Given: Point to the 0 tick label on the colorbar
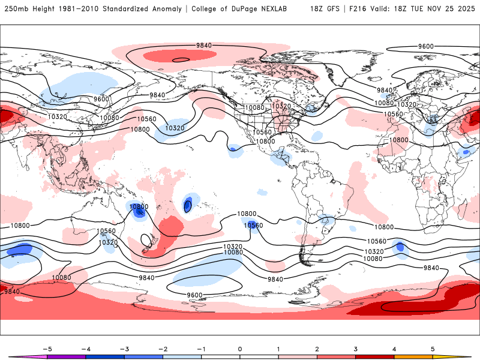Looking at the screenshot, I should tap(240, 348).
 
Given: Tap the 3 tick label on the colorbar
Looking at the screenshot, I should tap(356, 348).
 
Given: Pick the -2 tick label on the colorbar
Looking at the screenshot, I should tap(163, 348).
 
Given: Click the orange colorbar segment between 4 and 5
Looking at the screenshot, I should tap(413, 356).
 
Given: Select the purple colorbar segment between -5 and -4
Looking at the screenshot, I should tap(67, 356).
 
